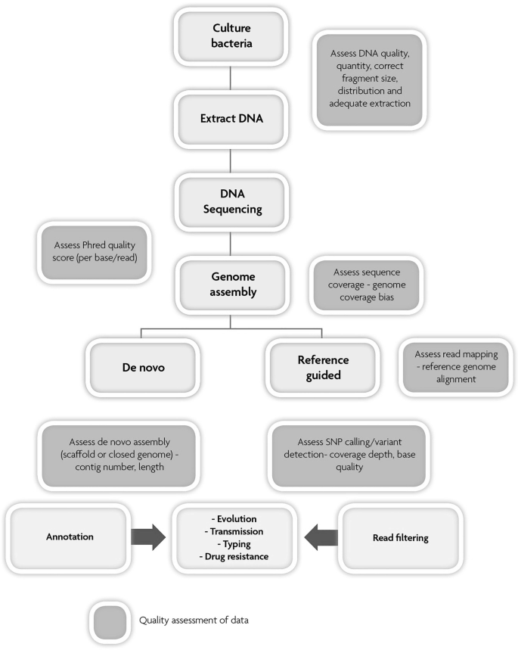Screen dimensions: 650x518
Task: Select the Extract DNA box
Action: pyautogui.click(x=231, y=119)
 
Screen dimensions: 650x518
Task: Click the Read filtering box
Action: pyautogui.click(x=401, y=538)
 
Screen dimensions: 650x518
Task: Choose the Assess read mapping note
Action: pyautogui.click(x=451, y=368)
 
